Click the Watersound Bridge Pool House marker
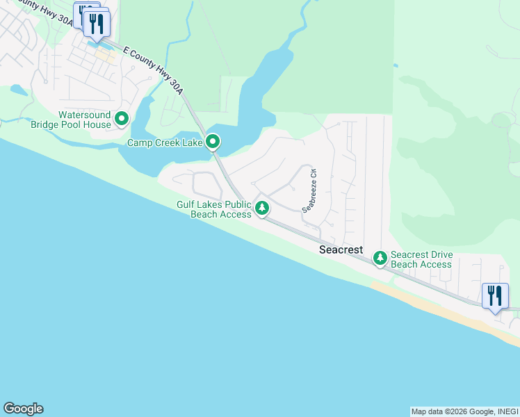tap(122, 119)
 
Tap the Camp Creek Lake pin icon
tap(213, 142)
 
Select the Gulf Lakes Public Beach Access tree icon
tap(262, 207)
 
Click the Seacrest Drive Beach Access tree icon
tap(380, 258)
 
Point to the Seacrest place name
tap(341, 249)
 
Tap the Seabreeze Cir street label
tap(309, 190)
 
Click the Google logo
tap(23, 409)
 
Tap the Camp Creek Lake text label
tap(164, 142)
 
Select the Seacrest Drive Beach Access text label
tap(421, 259)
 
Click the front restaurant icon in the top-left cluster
tap(97, 24)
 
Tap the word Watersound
tap(85, 115)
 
